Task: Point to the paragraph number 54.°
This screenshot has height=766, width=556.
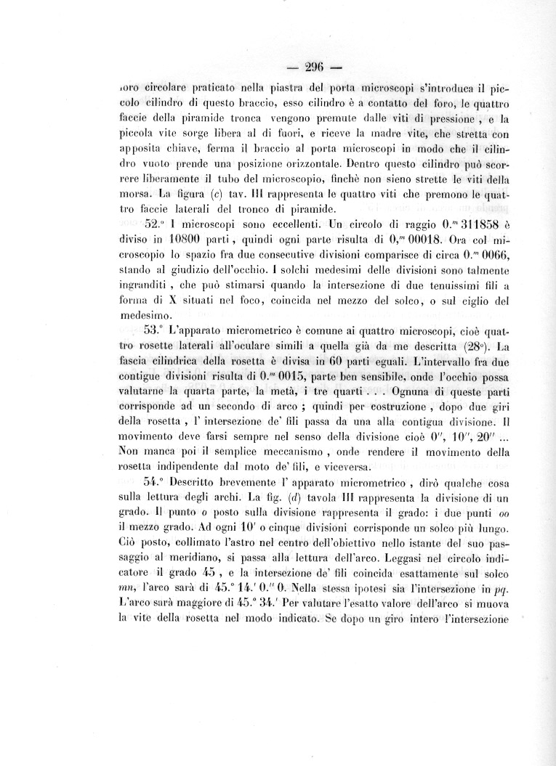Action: click(x=157, y=480)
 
